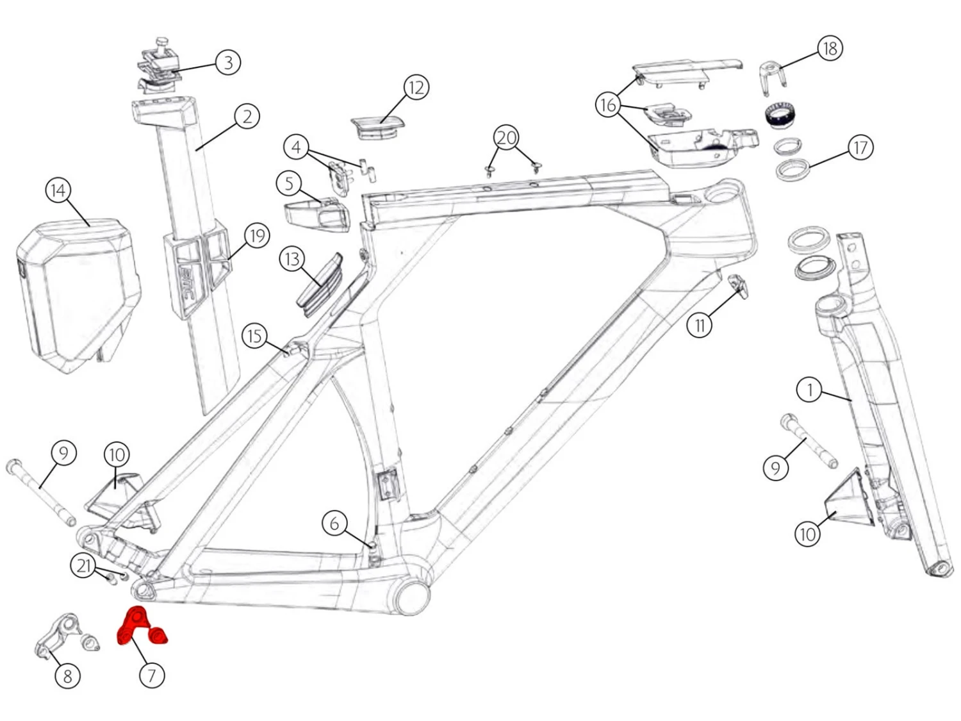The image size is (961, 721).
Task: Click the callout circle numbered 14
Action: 58,190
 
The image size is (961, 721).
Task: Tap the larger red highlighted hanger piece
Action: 135,624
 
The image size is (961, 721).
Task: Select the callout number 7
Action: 152,675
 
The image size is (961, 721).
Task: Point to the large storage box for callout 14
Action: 77,295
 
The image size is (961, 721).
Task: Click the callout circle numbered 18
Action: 830,48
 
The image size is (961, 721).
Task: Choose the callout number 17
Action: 860,147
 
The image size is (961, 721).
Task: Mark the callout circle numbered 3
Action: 227,62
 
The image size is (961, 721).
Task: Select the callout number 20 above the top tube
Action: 506,138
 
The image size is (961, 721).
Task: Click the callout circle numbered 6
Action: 334,524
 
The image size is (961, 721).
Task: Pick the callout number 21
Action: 83,566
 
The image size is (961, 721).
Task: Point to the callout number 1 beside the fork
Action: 810,389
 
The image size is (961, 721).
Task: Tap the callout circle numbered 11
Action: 700,326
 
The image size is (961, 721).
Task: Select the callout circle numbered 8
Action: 67,675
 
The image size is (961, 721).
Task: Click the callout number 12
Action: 416,87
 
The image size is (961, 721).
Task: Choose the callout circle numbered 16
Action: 608,104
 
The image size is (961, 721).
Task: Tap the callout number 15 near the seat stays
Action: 255,335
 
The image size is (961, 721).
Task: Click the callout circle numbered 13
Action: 292,259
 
